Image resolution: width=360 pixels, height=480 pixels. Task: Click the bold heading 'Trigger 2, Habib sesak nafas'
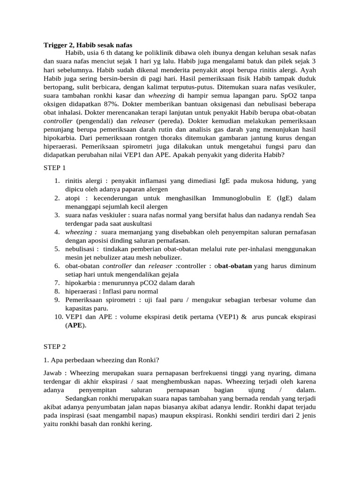pos(88,45)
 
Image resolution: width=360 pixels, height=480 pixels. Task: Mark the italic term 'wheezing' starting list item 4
pos(81,232)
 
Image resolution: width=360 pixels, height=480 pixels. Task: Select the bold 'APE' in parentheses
pos(76,325)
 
